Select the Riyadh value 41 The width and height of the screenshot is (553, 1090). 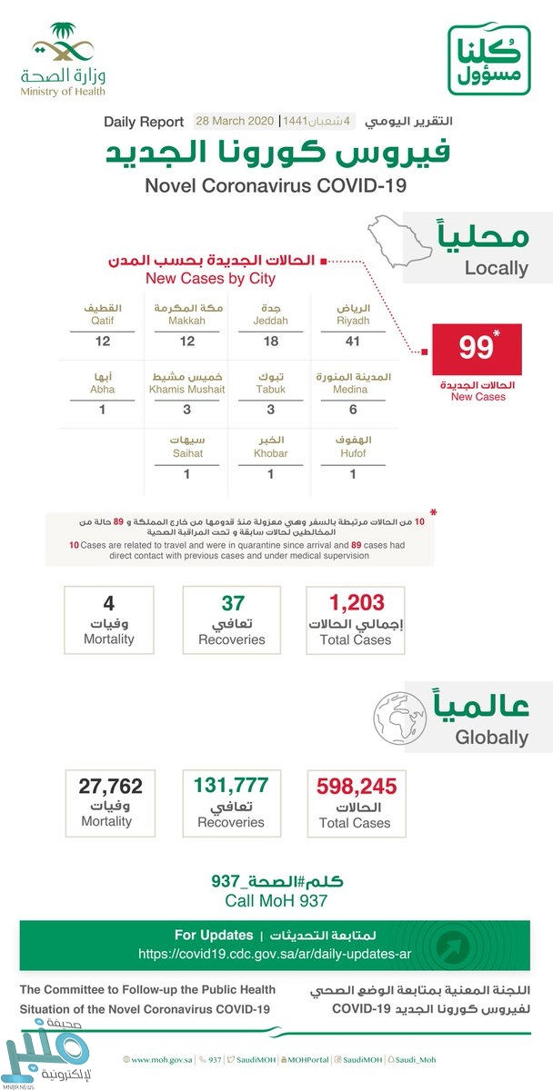[352, 341]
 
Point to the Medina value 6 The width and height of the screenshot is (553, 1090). [352, 410]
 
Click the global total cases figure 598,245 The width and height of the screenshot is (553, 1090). [354, 785]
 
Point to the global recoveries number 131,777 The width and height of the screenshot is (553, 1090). [232, 785]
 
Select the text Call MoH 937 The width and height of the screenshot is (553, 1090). [276, 900]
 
